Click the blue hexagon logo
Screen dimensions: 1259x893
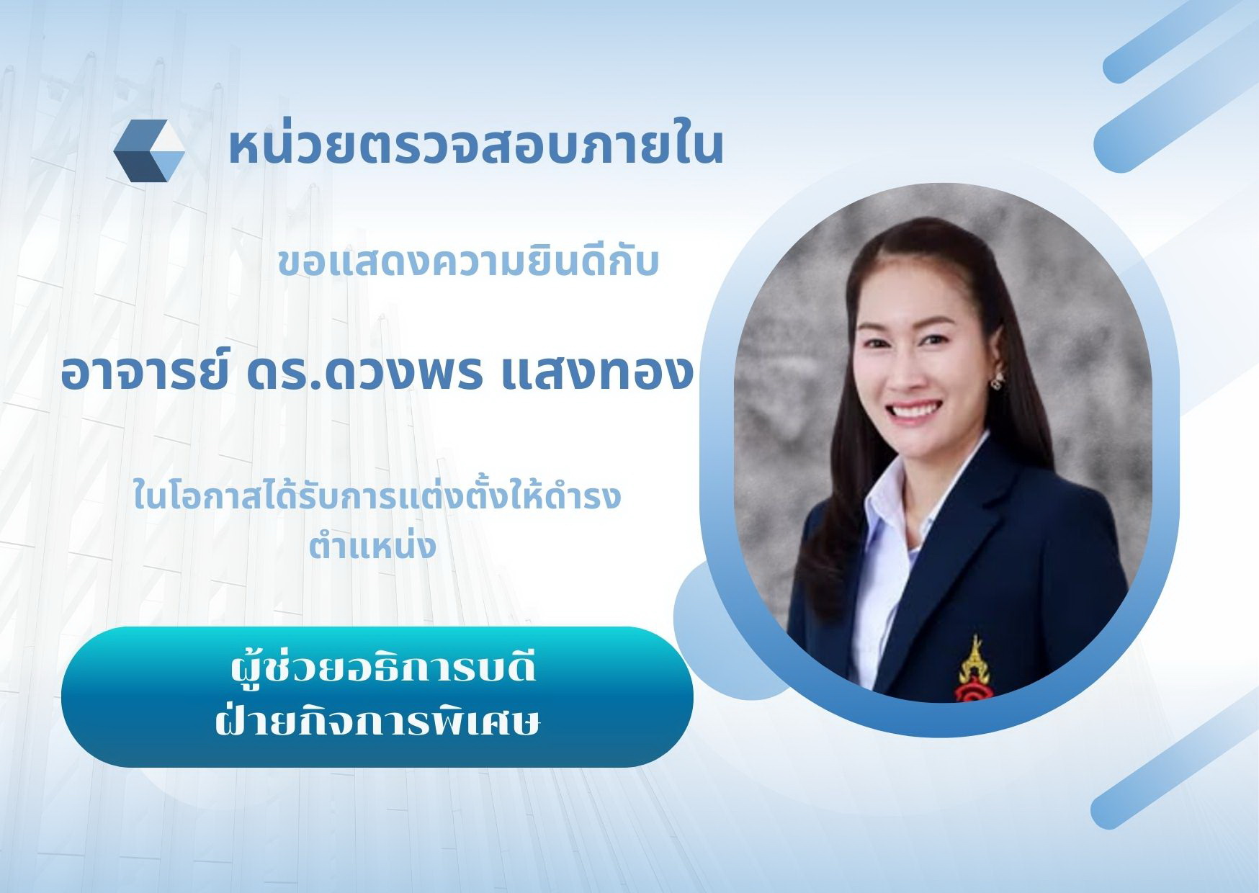click(149, 150)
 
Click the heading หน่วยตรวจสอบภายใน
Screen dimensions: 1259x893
click(476, 147)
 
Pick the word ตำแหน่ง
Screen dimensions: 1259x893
click(372, 544)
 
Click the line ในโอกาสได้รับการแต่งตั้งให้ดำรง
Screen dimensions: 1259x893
click(377, 497)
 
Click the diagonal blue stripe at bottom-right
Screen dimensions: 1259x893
click(1174, 766)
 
